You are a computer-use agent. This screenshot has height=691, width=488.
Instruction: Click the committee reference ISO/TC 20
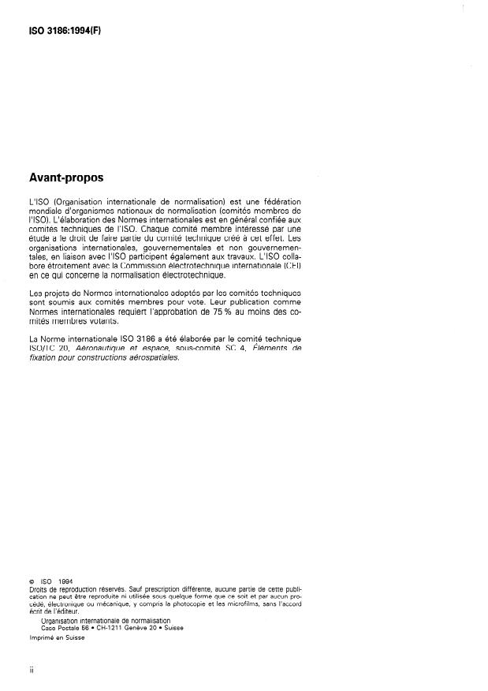(50, 348)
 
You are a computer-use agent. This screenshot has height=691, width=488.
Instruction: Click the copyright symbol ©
(31, 582)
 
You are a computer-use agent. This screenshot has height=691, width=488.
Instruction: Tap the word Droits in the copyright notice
(37, 590)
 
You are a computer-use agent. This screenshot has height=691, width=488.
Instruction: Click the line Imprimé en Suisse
(57, 639)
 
